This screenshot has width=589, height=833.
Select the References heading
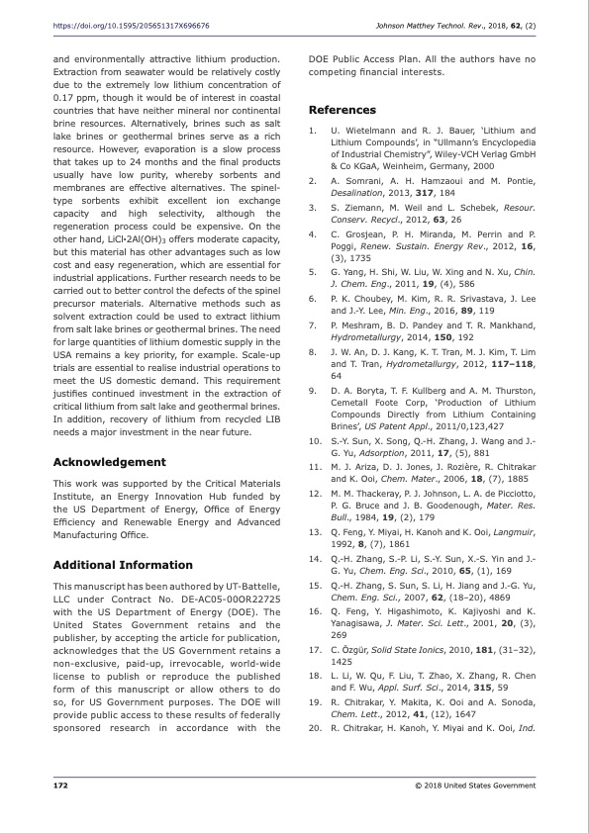pyautogui.click(x=343, y=110)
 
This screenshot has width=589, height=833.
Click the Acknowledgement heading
pyautogui.click(x=109, y=462)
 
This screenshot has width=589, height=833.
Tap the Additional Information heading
pyautogui.click(x=123, y=564)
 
